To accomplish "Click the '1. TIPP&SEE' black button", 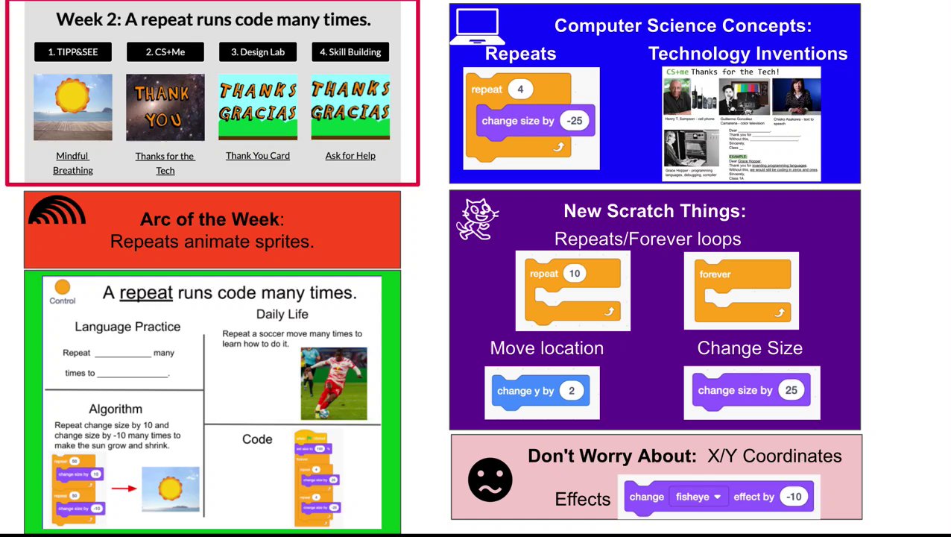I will [73, 51].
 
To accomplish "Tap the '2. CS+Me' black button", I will [165, 51].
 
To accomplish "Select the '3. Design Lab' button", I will [258, 51].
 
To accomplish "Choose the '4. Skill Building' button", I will [350, 51].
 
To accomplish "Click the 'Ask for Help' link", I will [350, 155].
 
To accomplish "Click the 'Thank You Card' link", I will [258, 155].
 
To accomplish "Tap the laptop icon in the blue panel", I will [477, 27].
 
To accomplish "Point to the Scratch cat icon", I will [477, 219].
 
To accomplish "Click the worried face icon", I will [490, 480].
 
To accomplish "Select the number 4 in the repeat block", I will [520, 89].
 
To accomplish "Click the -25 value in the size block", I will [574, 121].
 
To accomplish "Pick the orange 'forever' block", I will [742, 290].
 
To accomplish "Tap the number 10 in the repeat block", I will [574, 274].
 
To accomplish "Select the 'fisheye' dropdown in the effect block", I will [698, 497].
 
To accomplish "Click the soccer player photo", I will [334, 383].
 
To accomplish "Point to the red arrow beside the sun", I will [124, 489].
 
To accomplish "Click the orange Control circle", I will [63, 287].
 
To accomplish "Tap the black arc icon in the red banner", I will [57, 211].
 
